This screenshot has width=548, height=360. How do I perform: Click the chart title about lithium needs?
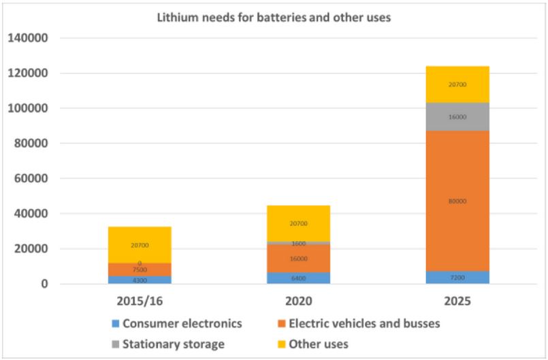click(x=274, y=18)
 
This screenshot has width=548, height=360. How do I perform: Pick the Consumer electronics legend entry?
click(x=177, y=323)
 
